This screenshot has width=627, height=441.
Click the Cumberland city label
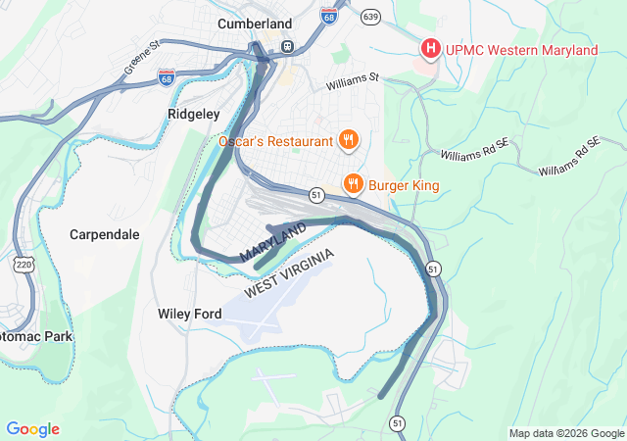(x=255, y=23)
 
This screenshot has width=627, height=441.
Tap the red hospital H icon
(x=429, y=48)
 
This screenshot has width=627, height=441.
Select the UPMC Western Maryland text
(x=519, y=50)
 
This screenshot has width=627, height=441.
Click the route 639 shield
(x=369, y=17)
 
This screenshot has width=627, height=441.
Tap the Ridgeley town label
(x=193, y=114)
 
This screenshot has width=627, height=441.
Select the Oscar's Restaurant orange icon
(x=347, y=141)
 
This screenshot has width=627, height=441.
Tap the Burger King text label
(x=404, y=184)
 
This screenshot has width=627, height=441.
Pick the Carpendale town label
(x=105, y=235)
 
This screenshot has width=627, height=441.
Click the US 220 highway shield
(x=23, y=264)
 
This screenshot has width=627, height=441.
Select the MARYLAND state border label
(x=272, y=241)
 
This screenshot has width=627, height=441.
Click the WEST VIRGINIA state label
(x=289, y=275)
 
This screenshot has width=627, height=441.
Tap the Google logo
(x=32, y=429)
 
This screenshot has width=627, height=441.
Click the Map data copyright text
(x=566, y=433)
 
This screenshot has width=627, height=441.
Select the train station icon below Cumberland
(x=288, y=46)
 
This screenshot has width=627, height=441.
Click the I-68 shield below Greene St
(x=167, y=76)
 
